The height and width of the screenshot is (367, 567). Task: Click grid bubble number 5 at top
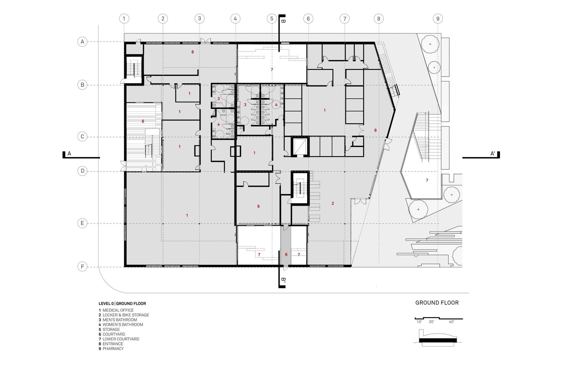click(x=272, y=19)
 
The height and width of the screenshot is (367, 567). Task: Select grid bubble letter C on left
click(x=82, y=136)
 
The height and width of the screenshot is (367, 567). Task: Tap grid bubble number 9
click(x=438, y=19)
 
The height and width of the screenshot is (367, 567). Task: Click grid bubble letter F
click(x=82, y=267)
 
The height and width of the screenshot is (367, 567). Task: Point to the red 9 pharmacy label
click(x=258, y=206)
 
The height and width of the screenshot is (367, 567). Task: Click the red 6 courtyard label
click(x=143, y=121)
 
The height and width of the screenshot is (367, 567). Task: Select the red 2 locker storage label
click(x=333, y=203)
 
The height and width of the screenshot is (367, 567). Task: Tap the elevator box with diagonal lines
click(x=299, y=146)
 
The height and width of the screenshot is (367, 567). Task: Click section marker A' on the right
click(x=493, y=154)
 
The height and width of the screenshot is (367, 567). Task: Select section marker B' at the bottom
click(x=283, y=280)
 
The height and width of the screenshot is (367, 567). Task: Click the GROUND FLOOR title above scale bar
click(x=437, y=303)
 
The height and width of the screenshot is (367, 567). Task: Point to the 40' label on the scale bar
click(x=451, y=322)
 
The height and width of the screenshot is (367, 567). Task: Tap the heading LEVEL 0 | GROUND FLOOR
click(x=122, y=303)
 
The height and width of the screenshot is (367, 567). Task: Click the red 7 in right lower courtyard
click(x=427, y=180)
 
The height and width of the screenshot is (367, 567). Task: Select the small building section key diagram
click(x=438, y=338)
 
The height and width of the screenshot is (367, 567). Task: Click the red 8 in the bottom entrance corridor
click(x=286, y=255)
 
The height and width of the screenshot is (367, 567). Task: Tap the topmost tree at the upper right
click(x=430, y=44)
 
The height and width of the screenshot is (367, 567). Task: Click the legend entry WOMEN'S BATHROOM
click(x=122, y=324)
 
